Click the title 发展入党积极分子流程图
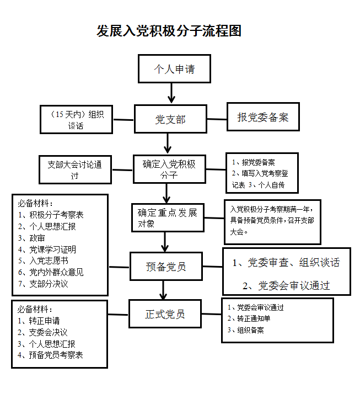click(169, 31)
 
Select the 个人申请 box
click(174, 69)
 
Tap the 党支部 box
click(170, 119)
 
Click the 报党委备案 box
click(263, 117)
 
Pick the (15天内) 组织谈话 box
click(76, 120)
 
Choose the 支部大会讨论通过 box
click(74, 170)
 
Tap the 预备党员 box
click(166, 267)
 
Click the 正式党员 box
click(165, 314)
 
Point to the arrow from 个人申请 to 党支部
click(172, 92)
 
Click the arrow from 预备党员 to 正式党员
click(163, 290)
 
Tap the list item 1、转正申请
click(39, 320)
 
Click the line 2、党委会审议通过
click(286, 285)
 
